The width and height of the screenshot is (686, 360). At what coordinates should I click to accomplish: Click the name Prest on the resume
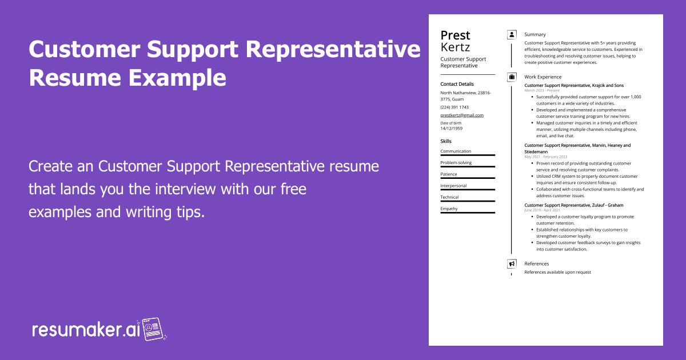click(455, 35)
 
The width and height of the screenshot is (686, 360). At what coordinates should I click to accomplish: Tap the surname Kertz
click(455, 47)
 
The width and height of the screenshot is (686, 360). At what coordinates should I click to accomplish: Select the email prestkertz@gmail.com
click(462, 115)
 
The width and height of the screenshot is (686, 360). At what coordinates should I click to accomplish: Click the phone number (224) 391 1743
click(454, 107)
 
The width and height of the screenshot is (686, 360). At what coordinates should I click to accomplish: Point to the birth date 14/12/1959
click(452, 128)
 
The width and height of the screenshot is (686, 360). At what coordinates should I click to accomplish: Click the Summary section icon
click(512, 35)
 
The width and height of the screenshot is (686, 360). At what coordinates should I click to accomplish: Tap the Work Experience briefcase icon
click(512, 77)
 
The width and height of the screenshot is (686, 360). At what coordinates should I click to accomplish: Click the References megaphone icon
click(512, 264)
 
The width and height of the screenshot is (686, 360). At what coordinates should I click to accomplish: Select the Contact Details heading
click(457, 84)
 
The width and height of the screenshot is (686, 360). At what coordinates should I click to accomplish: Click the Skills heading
click(446, 141)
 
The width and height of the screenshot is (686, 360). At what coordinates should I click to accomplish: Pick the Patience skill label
click(449, 174)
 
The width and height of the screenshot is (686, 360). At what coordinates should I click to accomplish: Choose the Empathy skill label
click(449, 209)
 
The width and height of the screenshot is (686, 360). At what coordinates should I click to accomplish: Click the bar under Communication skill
click(467, 155)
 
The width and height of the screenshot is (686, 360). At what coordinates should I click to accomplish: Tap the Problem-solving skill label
click(456, 163)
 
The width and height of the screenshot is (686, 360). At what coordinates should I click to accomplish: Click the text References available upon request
click(557, 272)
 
